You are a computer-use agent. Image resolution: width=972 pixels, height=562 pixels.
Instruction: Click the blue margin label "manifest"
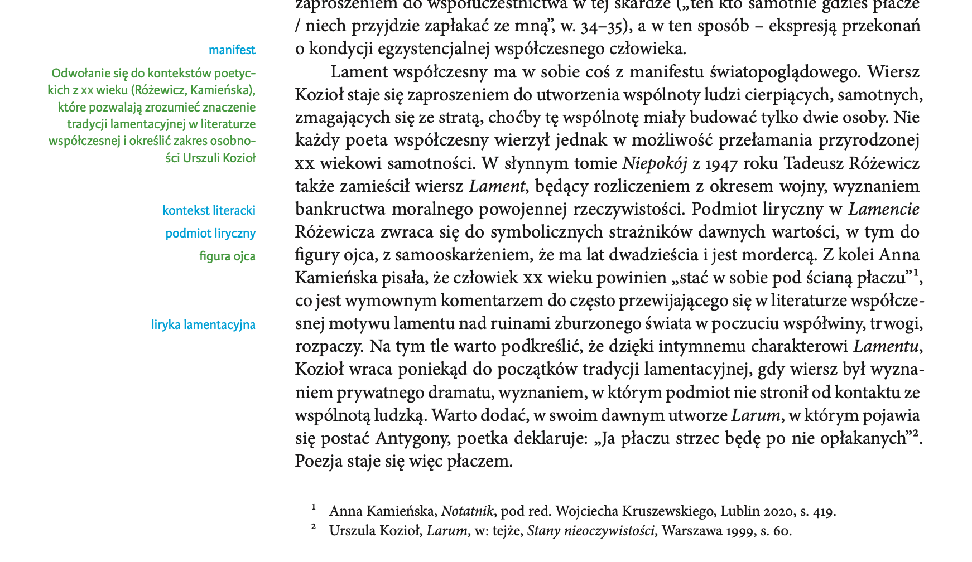tap(232, 50)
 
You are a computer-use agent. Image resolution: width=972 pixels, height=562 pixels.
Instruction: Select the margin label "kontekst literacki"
tap(209, 211)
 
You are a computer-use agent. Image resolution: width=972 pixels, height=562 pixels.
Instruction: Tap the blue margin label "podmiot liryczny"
tap(210, 234)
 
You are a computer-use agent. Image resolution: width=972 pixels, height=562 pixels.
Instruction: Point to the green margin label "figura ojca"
tap(227, 256)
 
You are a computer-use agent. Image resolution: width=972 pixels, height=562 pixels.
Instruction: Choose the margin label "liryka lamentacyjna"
tap(203, 325)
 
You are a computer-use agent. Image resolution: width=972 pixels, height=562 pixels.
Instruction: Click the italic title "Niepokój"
tap(655, 164)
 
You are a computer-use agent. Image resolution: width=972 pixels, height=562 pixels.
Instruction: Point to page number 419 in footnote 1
tap(821, 511)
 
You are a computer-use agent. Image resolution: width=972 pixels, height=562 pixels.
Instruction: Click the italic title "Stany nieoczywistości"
tap(590, 531)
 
